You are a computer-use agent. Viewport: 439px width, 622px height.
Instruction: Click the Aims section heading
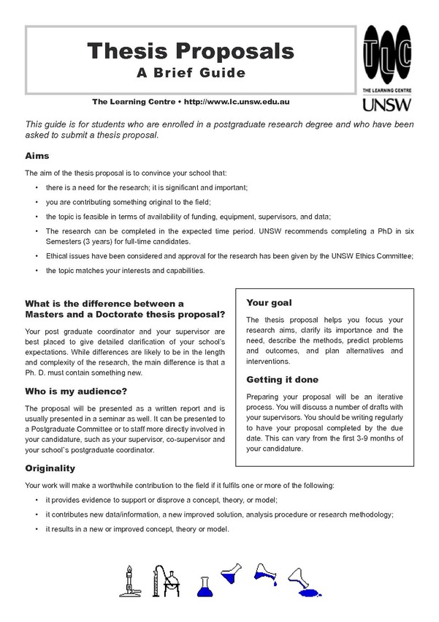click(37, 156)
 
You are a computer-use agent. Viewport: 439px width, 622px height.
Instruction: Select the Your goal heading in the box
click(269, 302)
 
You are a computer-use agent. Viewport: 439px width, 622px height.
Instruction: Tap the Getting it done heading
click(282, 380)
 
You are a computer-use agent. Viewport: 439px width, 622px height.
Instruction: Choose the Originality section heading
click(50, 468)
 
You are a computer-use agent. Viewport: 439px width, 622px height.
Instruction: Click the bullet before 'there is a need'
click(37, 187)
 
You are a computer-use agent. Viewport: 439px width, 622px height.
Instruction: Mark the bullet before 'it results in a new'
click(37, 529)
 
